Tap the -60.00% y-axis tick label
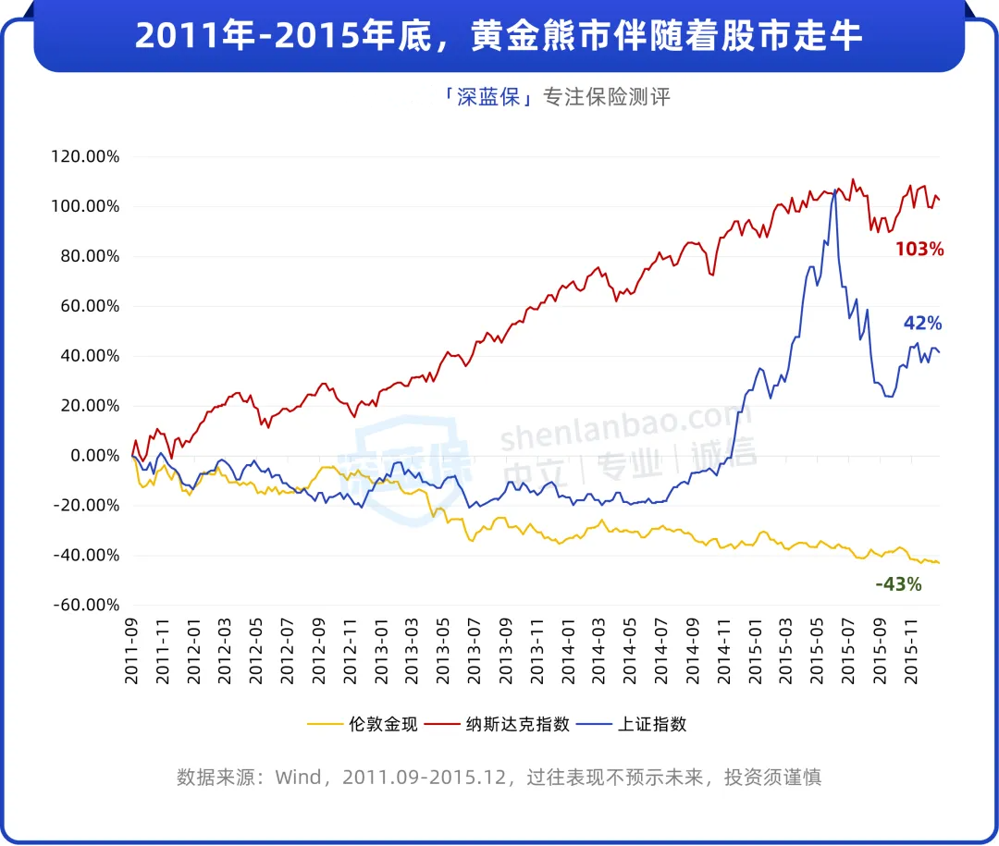click(87, 605)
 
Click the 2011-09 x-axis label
click(132, 652)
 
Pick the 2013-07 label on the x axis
click(475, 652)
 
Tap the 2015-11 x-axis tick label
click(911, 652)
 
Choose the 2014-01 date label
click(569, 652)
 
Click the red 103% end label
click(919, 249)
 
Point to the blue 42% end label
click(922, 323)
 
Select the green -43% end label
click(898, 583)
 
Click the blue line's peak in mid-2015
click(836, 190)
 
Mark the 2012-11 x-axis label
click(351, 652)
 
